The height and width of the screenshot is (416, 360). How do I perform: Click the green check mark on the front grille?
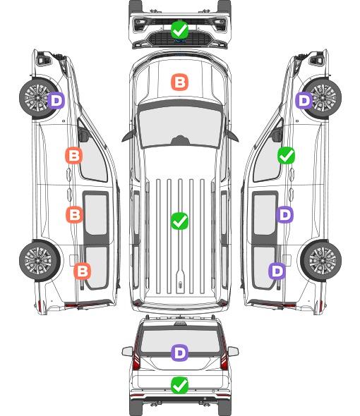pyautogui.click(x=179, y=30)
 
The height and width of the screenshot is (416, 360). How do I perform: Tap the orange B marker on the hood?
pyautogui.click(x=179, y=82)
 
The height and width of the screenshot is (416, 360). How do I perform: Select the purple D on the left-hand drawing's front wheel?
pyautogui.click(x=56, y=100)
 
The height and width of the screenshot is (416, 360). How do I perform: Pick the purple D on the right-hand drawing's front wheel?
pyautogui.click(x=304, y=100)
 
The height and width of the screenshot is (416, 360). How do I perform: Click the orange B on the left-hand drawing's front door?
pyautogui.click(x=74, y=155)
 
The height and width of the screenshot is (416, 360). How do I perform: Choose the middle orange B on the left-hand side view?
pyautogui.click(x=74, y=214)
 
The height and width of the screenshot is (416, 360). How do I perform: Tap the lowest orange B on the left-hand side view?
pyautogui.click(x=83, y=271)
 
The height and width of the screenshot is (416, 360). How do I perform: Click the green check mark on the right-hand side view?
pyautogui.click(x=286, y=155)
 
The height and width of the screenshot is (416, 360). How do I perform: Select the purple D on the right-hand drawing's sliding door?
pyautogui.click(x=284, y=214)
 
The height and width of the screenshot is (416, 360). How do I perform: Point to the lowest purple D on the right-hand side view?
pyautogui.click(x=277, y=271)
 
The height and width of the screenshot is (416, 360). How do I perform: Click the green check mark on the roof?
pyautogui.click(x=179, y=221)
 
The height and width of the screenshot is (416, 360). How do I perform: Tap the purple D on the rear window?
pyautogui.click(x=179, y=353)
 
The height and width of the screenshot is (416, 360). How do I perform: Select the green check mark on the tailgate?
pyautogui.click(x=179, y=385)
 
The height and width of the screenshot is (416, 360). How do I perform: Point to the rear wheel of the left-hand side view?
pyautogui.click(x=40, y=260)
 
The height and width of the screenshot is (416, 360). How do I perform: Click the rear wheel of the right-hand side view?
pyautogui.click(x=320, y=260)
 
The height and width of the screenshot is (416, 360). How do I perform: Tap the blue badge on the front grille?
pyautogui.click(x=179, y=41)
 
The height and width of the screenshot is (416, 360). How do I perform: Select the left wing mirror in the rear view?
pyautogui.click(x=127, y=351)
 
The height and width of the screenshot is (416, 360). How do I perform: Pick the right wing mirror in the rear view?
pyautogui.click(x=233, y=351)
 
